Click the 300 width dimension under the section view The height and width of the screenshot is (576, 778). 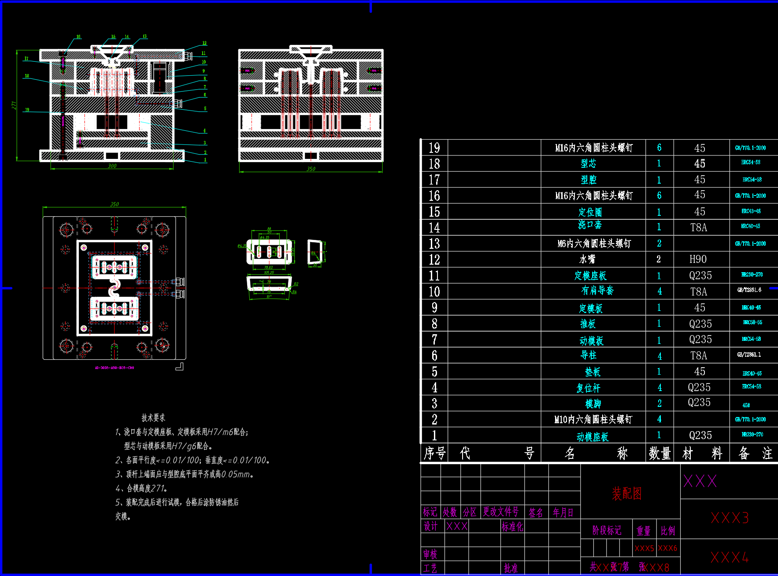(x=112, y=166)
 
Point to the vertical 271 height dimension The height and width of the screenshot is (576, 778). (x=14, y=105)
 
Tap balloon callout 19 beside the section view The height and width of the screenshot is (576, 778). (x=27, y=110)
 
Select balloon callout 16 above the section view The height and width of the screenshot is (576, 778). (x=78, y=37)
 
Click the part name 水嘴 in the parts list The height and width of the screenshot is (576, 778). (x=587, y=259)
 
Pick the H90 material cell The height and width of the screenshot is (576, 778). (x=698, y=259)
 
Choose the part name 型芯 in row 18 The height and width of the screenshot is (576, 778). (x=588, y=163)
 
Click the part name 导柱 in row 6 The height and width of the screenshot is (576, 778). (x=589, y=355)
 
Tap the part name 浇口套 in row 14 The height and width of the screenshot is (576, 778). (x=590, y=225)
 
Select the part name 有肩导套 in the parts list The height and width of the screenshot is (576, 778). (x=597, y=291)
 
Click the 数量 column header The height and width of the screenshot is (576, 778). (x=659, y=453)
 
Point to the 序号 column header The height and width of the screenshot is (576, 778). (x=434, y=453)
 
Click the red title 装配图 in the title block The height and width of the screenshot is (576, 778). (x=626, y=494)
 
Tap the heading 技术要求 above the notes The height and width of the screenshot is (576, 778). (x=153, y=417)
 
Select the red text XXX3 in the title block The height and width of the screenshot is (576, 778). (x=730, y=518)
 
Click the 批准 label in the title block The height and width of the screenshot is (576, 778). (x=511, y=568)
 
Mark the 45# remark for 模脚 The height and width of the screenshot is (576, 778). (x=746, y=405)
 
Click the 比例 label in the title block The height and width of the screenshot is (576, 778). (x=668, y=531)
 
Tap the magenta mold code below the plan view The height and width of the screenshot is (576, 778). (x=114, y=368)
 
